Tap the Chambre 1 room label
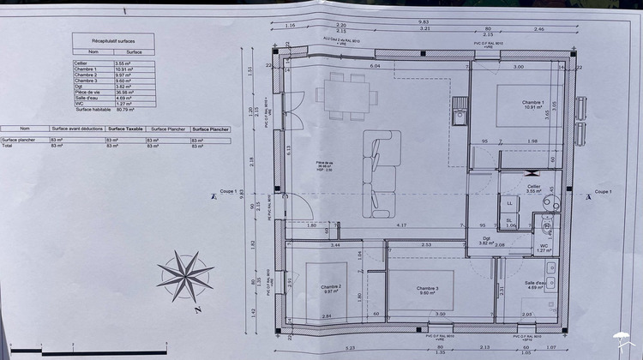click(533, 105)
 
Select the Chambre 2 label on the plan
click(332, 288)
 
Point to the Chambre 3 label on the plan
click(428, 289)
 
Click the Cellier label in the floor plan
click(534, 186)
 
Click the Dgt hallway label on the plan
click(486, 240)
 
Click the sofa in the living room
click(379, 171)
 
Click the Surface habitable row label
click(94, 110)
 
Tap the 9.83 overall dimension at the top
click(423, 21)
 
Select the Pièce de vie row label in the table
click(89, 93)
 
